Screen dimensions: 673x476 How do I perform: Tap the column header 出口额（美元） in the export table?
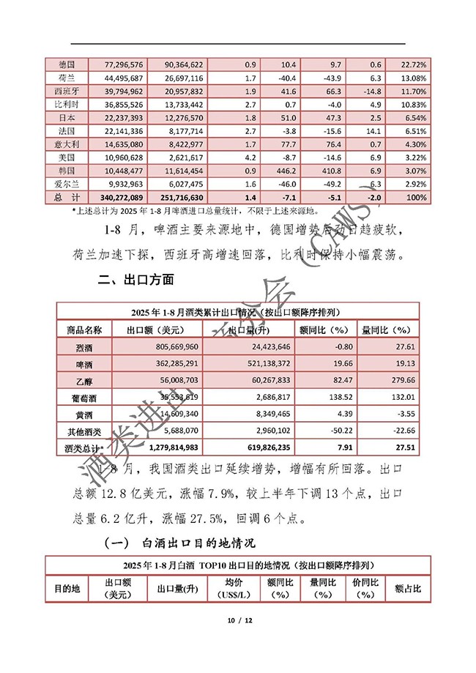coord(156,329)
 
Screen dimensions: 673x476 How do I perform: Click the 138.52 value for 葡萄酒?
coord(328,396)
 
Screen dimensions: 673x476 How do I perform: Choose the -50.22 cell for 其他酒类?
coord(328,430)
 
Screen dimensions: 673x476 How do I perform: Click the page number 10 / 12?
coord(239,620)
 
